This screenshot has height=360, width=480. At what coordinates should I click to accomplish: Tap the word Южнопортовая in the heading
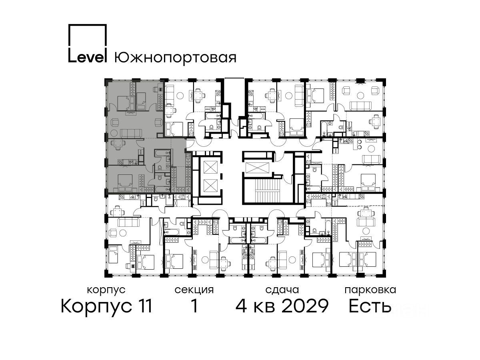point(175,58)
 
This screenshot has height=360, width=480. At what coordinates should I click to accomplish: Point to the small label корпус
point(106,290)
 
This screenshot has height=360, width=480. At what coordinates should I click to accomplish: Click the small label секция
point(194,290)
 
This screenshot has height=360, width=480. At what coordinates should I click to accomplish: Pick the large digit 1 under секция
point(194,306)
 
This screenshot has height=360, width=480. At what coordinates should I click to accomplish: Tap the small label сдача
point(282,290)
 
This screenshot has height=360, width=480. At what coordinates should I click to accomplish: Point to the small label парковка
point(370,290)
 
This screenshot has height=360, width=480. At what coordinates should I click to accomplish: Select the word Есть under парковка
point(370,306)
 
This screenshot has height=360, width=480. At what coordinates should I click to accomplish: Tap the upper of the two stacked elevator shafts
point(210,168)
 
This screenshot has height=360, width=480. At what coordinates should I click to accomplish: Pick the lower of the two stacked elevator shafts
point(210,186)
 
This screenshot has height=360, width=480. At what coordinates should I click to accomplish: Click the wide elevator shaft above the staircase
point(257,168)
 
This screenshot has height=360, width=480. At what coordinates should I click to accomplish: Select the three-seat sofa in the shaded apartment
point(131,133)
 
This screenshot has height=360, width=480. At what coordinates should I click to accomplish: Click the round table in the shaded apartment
point(114,133)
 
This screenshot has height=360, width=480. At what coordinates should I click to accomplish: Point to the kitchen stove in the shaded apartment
point(121,162)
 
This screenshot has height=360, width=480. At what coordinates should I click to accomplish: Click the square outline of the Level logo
point(88,25)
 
